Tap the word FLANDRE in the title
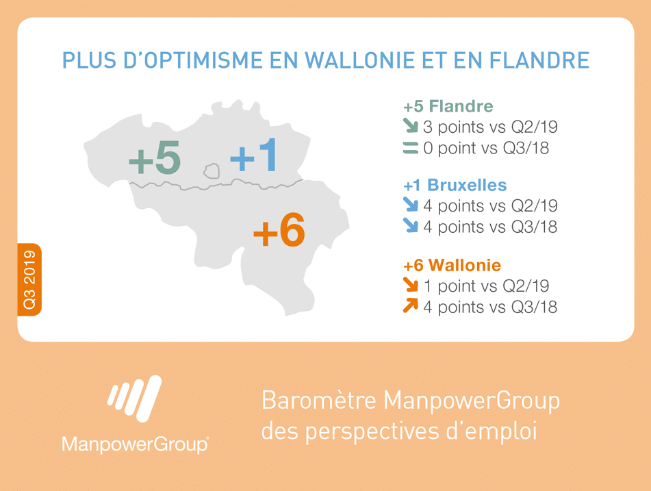coord(539,60)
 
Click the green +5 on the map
coord(155,158)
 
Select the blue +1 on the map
coord(253,155)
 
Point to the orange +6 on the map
coord(279,230)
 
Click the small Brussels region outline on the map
coord(212,171)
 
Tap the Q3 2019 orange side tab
coord(29,279)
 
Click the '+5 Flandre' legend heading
coord(448,106)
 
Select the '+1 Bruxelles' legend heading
coord(455,186)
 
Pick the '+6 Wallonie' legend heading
coord(452,265)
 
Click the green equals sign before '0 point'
coord(411,148)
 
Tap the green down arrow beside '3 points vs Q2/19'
coord(411,126)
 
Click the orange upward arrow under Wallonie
coord(411,305)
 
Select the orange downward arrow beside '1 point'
coord(411,285)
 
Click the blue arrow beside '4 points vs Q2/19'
coord(411,204)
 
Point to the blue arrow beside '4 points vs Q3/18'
coord(411,225)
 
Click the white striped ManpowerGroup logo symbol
coord(135,399)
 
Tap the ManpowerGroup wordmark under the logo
coord(136,444)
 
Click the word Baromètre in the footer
coord(319,401)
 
